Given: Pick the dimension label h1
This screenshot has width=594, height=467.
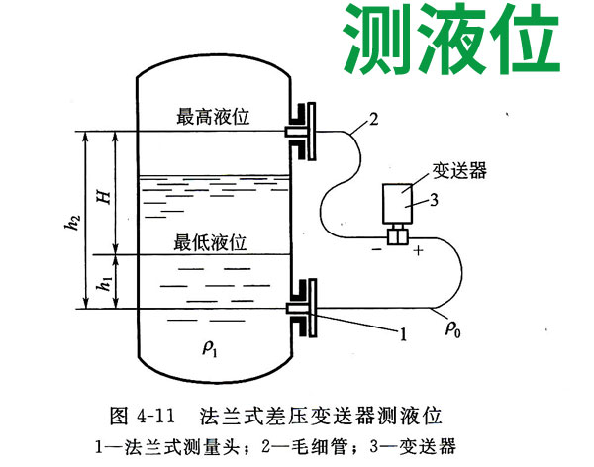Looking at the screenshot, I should tap(100, 283).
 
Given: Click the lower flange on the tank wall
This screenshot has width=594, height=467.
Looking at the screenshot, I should tap(300, 309).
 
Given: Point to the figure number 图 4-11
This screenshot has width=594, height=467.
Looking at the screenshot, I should tap(149, 410).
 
